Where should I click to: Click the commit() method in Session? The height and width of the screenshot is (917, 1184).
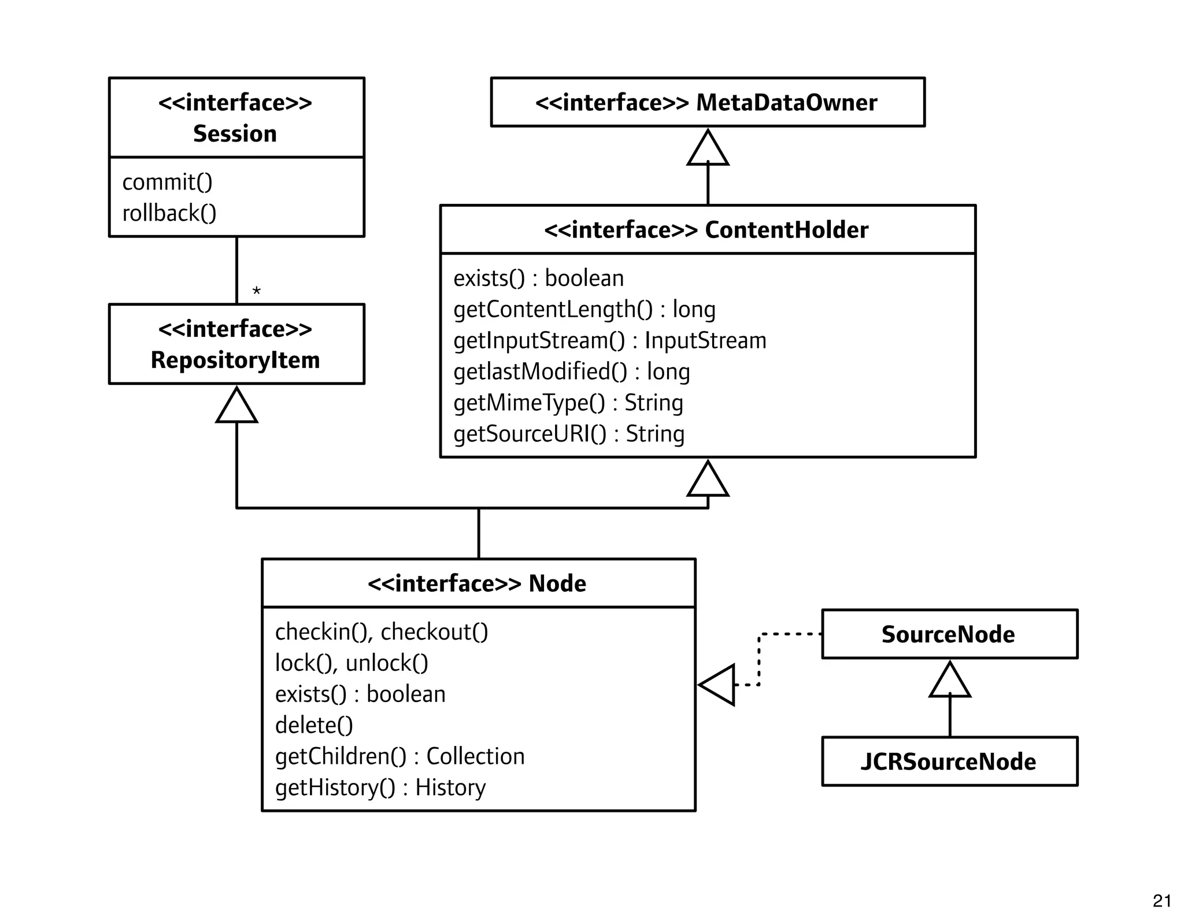[x=168, y=183]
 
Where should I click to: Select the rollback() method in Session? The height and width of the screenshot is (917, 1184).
[x=169, y=214]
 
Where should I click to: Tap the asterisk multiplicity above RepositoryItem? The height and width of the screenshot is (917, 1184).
[x=257, y=291]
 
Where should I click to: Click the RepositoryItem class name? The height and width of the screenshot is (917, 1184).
[x=235, y=360]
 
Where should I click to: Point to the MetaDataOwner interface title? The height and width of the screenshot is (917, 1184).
[x=706, y=103]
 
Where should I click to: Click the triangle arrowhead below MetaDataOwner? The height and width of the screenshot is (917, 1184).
[x=708, y=149]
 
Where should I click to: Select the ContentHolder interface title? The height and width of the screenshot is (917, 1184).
[x=706, y=230]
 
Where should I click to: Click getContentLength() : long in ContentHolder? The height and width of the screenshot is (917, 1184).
[x=584, y=310]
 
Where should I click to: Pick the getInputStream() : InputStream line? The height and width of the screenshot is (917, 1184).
[x=610, y=341]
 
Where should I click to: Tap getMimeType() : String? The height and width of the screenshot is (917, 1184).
[x=568, y=403]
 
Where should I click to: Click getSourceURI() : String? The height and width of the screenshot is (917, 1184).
[x=569, y=434]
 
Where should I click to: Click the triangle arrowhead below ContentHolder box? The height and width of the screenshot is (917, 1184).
[x=708, y=480]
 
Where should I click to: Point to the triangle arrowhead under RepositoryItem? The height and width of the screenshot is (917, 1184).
[x=236, y=406]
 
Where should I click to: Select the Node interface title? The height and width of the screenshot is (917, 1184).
[x=478, y=584]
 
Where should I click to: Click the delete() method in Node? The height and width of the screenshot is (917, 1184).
[x=314, y=726]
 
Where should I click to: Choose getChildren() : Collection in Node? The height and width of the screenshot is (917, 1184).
[x=400, y=757]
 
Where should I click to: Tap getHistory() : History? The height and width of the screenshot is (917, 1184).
[x=380, y=788]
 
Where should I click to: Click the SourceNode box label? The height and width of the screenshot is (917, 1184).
[x=948, y=634]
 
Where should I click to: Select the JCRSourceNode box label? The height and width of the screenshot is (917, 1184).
[x=948, y=762]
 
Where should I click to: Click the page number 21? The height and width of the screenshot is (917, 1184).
[x=1161, y=901]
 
